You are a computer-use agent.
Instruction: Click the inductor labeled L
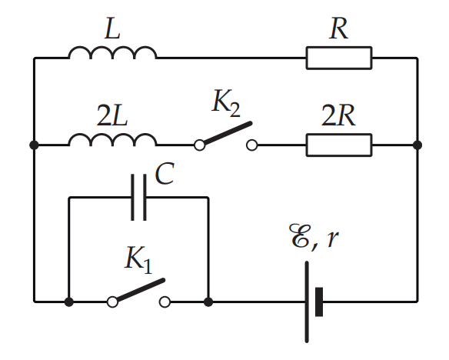point(112,52)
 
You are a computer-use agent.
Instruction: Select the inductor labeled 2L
point(112,139)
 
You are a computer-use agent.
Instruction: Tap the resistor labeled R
point(339,58)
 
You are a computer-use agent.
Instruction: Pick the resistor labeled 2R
point(339,145)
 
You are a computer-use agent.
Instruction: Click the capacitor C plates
point(139,198)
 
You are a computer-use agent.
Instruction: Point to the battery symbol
point(314,302)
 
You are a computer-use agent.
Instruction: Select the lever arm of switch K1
point(141,289)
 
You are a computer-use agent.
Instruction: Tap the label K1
point(138,260)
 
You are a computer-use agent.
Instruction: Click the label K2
point(226,103)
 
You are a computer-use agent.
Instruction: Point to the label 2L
point(112,115)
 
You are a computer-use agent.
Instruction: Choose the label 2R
point(338,115)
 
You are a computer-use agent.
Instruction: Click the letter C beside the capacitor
point(165,174)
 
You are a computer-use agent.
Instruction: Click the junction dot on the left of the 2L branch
point(34,145)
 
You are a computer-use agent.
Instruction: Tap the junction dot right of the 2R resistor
point(417,145)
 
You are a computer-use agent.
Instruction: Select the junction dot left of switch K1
point(68,302)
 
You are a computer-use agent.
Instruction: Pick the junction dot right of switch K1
point(208,302)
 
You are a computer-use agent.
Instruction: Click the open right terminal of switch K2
point(251,145)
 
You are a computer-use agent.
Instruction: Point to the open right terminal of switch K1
point(165,302)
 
